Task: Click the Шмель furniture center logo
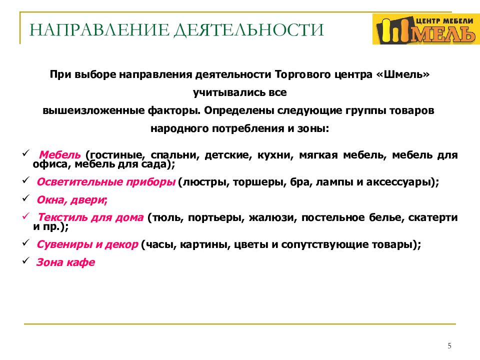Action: (x=424, y=29)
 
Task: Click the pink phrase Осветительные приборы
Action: (x=105, y=182)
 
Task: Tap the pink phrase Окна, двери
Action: (x=71, y=200)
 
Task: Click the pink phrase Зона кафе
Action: (x=65, y=262)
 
